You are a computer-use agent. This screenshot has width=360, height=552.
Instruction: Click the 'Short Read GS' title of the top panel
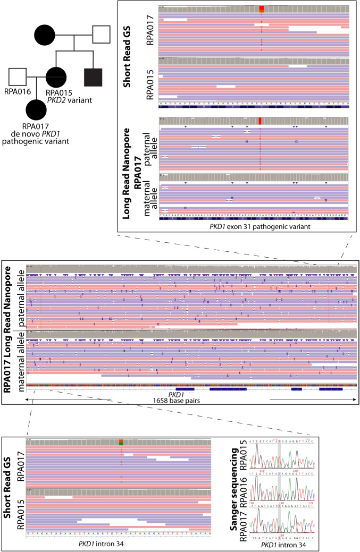(128, 35)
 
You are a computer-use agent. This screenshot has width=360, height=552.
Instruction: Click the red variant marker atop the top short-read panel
(261, 9)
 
